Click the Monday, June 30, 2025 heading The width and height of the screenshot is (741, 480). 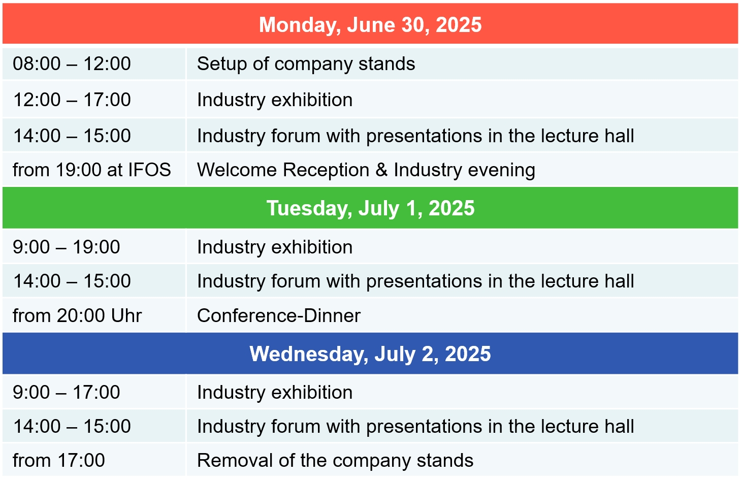click(370, 25)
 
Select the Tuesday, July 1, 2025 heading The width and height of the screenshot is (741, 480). click(371, 208)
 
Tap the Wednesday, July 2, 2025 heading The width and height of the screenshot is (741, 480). click(370, 354)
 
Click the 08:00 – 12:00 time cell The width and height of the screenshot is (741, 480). click(72, 63)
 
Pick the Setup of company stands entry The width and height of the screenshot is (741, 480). click(306, 64)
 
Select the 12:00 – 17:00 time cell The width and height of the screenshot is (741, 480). click(72, 100)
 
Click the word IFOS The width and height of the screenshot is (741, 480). click(149, 170)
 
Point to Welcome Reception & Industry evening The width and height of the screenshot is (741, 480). click(366, 170)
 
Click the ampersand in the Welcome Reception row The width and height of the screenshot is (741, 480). click(381, 170)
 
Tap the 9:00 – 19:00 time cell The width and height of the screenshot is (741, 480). click(66, 247)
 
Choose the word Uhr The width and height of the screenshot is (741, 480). click(126, 315)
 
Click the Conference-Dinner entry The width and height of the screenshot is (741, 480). click(279, 315)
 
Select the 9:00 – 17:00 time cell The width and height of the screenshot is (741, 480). click(66, 392)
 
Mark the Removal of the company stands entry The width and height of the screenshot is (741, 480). click(335, 461)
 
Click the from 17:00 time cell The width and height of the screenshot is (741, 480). click(59, 460)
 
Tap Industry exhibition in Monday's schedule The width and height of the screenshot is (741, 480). click(275, 100)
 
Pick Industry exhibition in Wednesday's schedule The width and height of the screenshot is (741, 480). click(275, 392)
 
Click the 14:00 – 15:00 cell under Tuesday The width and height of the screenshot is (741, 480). click(72, 281)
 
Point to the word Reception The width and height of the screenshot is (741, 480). click(326, 170)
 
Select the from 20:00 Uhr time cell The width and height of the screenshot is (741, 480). click(77, 315)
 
